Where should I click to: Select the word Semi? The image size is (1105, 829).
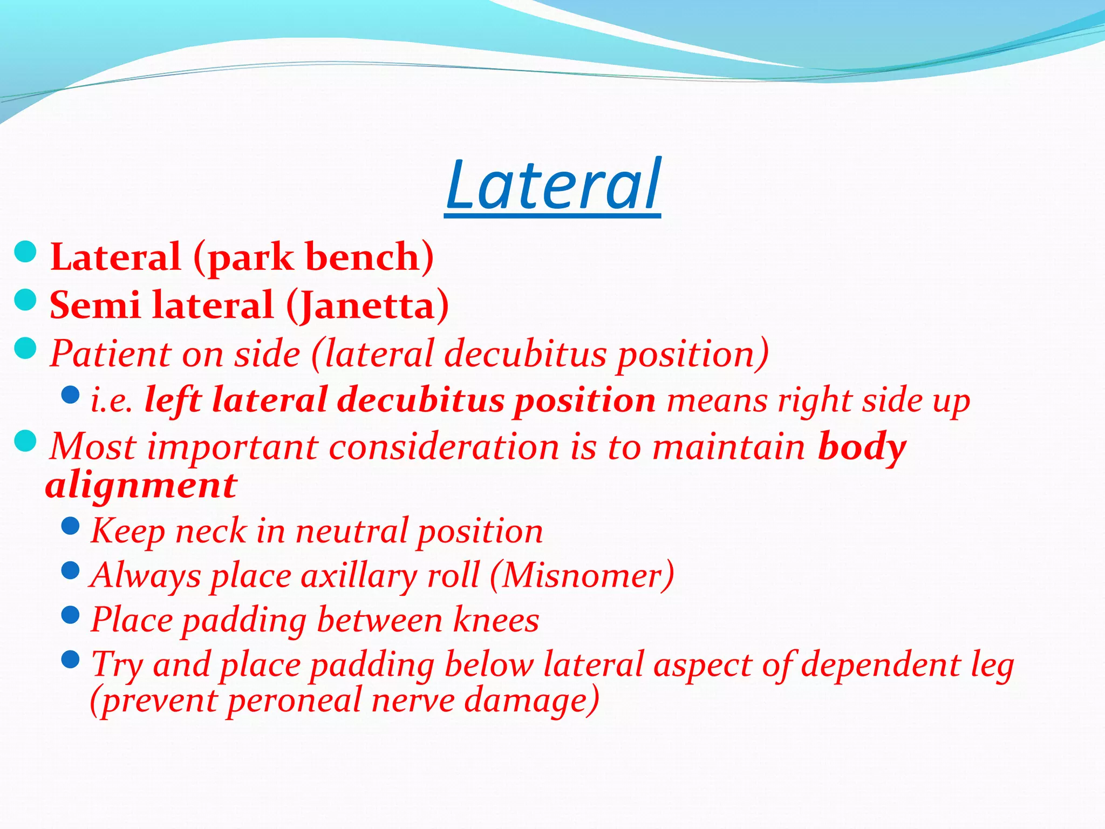(x=94, y=305)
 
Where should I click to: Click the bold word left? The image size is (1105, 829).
(x=173, y=400)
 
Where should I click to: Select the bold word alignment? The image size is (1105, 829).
(x=141, y=486)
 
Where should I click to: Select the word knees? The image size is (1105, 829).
(x=496, y=620)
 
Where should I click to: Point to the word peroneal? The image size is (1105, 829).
(x=294, y=701)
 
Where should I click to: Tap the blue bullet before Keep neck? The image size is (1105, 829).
(x=71, y=526)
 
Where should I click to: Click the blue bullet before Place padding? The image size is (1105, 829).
(x=71, y=614)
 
